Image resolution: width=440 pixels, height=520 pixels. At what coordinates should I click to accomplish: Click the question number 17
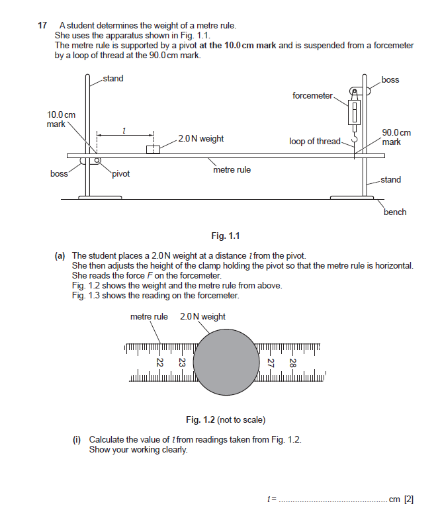click(42, 26)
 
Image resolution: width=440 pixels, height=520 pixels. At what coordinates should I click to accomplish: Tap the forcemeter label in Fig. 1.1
click(312, 96)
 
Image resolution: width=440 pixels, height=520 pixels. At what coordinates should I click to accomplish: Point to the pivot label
click(121, 174)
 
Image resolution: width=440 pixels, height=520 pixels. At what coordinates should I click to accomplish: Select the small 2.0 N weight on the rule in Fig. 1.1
click(153, 149)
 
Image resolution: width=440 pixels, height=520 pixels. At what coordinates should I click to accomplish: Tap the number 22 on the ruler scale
click(159, 363)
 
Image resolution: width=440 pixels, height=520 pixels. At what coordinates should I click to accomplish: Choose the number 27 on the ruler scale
click(270, 363)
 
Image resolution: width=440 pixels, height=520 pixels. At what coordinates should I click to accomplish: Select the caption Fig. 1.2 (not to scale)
click(226, 419)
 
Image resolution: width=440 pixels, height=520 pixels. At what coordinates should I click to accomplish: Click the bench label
click(395, 212)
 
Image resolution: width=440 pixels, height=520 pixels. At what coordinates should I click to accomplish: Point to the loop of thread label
click(315, 142)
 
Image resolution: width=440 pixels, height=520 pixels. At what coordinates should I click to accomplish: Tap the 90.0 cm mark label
click(396, 137)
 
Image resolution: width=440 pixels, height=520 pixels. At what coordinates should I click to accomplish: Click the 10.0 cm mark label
click(61, 119)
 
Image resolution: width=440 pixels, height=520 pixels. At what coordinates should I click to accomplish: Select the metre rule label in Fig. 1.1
click(232, 170)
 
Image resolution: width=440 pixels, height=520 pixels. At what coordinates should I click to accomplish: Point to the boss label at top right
click(390, 80)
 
